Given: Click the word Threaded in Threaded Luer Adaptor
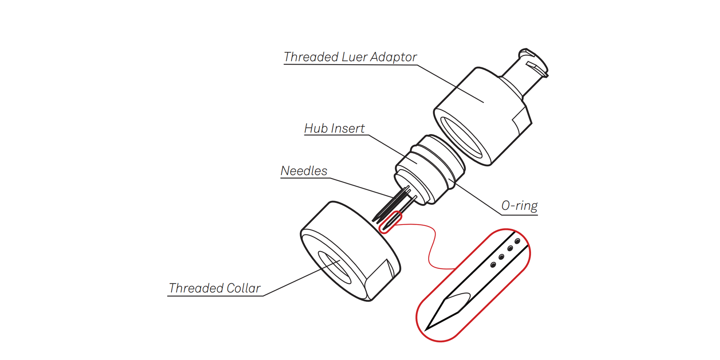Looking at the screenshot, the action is pyautogui.click(x=311, y=57).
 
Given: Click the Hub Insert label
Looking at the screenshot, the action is pyautogui.click(x=334, y=128).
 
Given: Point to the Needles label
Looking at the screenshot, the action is pyautogui.click(x=304, y=171).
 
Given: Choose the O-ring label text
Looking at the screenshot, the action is pyautogui.click(x=520, y=206).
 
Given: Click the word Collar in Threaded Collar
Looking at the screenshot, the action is pyautogui.click(x=243, y=288).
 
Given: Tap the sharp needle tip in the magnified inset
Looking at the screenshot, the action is pyautogui.click(x=426, y=330).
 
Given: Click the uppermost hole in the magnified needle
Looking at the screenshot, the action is pyautogui.click(x=517, y=241).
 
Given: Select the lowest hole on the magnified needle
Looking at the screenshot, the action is pyautogui.click(x=493, y=265).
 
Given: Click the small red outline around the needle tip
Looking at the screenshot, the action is pyautogui.click(x=390, y=222).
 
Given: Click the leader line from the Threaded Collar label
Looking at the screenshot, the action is pyautogui.click(x=302, y=278).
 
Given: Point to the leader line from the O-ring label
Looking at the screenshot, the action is pyautogui.click(x=475, y=197).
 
